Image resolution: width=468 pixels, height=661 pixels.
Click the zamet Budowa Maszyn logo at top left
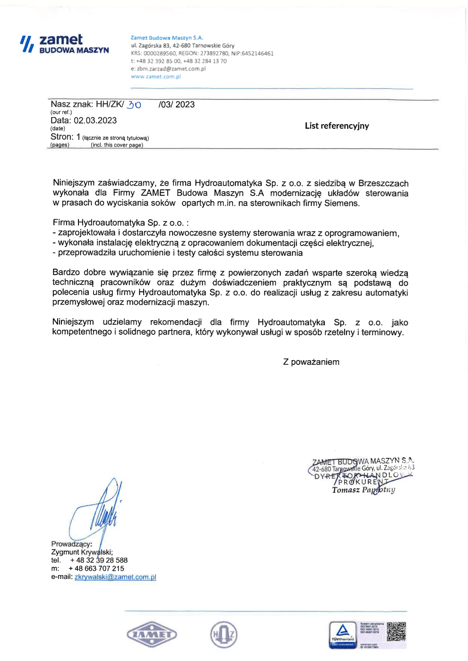pyautogui.click(x=65, y=43)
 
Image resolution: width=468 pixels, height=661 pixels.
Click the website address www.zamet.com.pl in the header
pyautogui.click(x=156, y=76)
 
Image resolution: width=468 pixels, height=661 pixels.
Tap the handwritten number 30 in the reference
pyautogui.click(x=134, y=105)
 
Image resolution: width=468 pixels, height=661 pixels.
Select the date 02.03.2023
pyautogui.click(x=95, y=120)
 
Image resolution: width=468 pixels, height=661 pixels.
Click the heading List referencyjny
pyautogui.click(x=337, y=126)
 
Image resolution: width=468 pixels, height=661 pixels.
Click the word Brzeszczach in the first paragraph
pyautogui.click(x=383, y=183)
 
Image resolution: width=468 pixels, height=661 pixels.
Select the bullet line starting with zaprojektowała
pyautogui.click(x=226, y=233)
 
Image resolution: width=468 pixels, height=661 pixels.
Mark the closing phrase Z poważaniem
pyautogui.click(x=311, y=362)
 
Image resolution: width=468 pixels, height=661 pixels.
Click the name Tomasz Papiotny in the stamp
pyautogui.click(x=363, y=490)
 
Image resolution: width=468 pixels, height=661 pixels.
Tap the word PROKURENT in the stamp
pyautogui.click(x=363, y=482)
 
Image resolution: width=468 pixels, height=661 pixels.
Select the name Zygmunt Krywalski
pyautogui.click(x=81, y=552)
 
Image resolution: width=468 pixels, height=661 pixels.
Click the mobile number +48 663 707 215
pyautogui.click(x=96, y=568)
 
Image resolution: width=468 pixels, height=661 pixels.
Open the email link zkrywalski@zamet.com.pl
pyautogui.click(x=115, y=577)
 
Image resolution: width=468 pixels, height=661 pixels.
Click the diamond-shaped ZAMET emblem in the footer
pyautogui.click(x=152, y=635)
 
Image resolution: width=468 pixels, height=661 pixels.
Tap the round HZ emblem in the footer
pyautogui.click(x=224, y=635)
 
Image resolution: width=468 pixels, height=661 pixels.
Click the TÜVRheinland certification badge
pyautogui.click(x=343, y=634)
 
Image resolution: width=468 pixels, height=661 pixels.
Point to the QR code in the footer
pyautogui.click(x=396, y=631)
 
